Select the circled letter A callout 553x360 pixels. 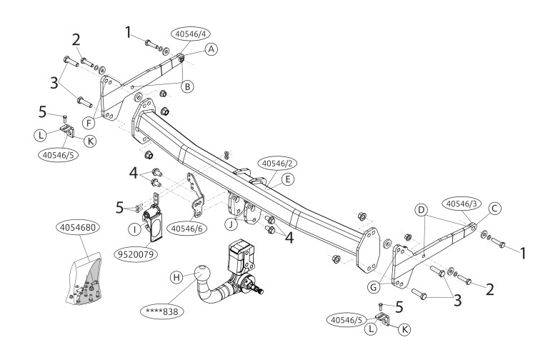[x=211, y=49]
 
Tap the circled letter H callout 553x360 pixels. [x=176, y=278]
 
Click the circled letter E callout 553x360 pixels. [x=287, y=179]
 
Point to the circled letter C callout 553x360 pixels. [x=494, y=209]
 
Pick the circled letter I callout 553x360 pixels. [x=134, y=229]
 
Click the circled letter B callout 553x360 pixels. [x=186, y=86]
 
